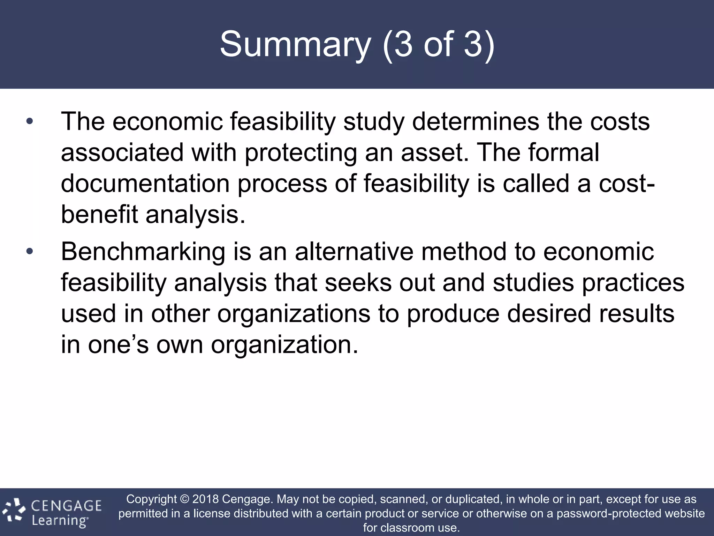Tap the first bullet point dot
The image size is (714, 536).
[x=30, y=121]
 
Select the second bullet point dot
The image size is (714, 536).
[x=30, y=251]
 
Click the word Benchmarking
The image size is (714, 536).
[x=143, y=252]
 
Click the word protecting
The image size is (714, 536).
[x=301, y=153]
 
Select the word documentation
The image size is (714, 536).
[x=145, y=184]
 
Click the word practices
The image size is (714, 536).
[x=633, y=283]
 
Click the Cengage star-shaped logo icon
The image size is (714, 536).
[x=14, y=511]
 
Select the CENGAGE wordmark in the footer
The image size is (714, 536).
[x=66, y=506]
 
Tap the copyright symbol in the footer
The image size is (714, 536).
[x=184, y=499]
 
